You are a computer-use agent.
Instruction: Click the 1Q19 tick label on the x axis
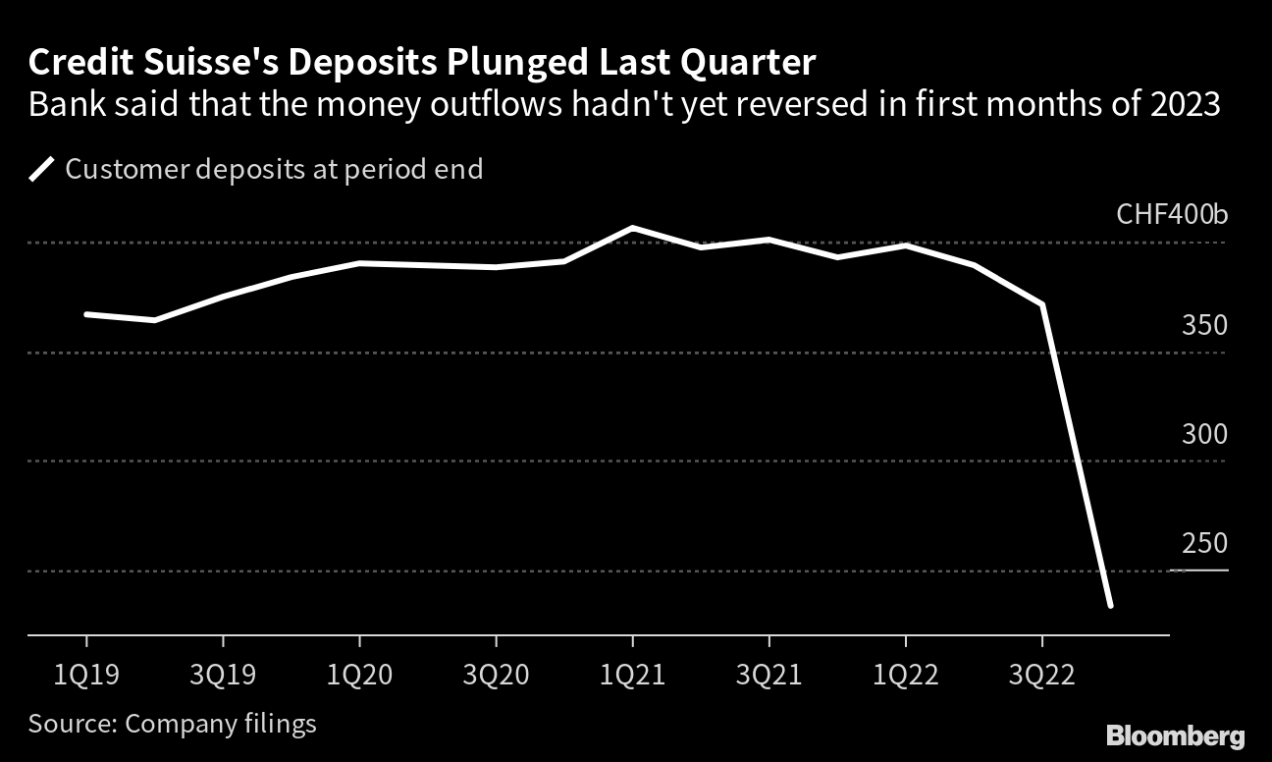pyautogui.click(x=86, y=675)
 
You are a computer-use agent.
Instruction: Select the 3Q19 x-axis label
pyautogui.click(x=223, y=675)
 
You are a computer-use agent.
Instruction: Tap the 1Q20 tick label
pyautogui.click(x=359, y=675)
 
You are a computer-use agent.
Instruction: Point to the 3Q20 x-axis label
pyautogui.click(x=496, y=675)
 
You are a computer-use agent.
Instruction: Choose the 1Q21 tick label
pyautogui.click(x=632, y=675)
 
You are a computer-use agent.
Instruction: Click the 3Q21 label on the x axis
pyautogui.click(x=768, y=675)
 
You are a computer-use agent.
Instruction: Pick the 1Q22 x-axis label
pyautogui.click(x=905, y=675)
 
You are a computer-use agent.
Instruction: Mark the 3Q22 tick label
pyautogui.click(x=1041, y=675)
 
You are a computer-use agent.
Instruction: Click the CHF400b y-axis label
pyautogui.click(x=1172, y=215)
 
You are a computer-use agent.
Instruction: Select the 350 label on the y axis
pyautogui.click(x=1204, y=325)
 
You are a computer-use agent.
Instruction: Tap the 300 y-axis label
pyautogui.click(x=1204, y=434)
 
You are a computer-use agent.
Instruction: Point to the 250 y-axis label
pyautogui.click(x=1204, y=543)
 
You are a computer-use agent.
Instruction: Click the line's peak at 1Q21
pyautogui.click(x=632, y=228)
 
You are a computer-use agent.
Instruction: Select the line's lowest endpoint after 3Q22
pyautogui.click(x=1110, y=606)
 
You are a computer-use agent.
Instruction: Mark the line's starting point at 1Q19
pyautogui.click(x=86, y=314)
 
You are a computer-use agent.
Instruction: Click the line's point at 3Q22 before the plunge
pyautogui.click(x=1041, y=304)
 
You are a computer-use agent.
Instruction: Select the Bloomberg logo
pyautogui.click(x=1175, y=735)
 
